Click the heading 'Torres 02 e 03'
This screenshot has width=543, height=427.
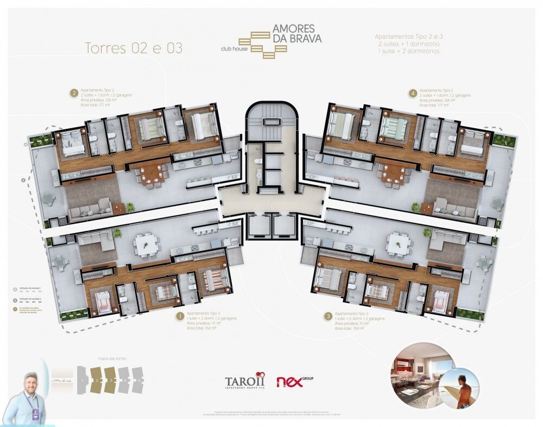click(x=134, y=48)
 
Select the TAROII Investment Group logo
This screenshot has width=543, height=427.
click(x=245, y=381)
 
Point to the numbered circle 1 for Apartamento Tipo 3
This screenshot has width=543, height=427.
click(x=179, y=315)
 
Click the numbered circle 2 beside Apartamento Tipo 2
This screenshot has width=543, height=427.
click(x=73, y=93)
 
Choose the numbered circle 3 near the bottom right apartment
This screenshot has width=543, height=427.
click(x=327, y=315)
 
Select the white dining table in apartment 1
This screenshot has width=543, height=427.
click(x=146, y=244)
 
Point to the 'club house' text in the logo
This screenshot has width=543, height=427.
click(x=233, y=48)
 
